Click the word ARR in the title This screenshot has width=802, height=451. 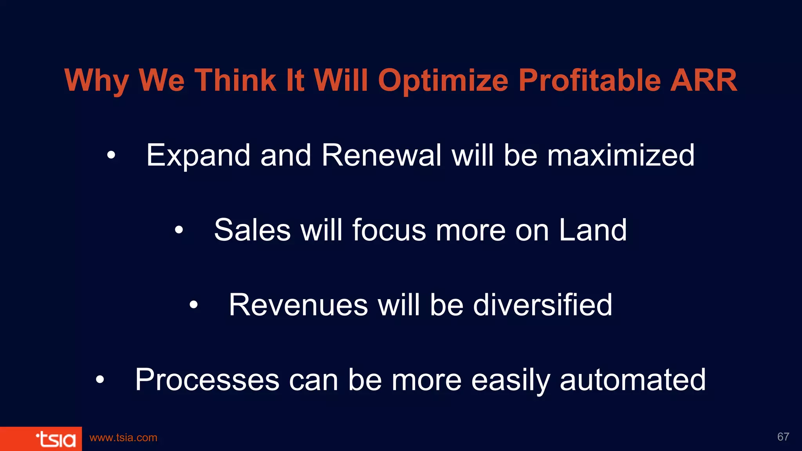[x=704, y=80]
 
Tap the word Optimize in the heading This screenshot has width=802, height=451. [x=443, y=81]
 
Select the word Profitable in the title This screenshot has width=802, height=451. [x=590, y=80]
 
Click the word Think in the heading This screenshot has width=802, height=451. [x=235, y=80]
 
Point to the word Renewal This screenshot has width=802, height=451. [x=381, y=155]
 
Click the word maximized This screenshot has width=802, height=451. [x=621, y=155]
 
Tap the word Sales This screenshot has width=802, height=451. [x=252, y=230]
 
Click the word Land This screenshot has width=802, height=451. [x=592, y=230]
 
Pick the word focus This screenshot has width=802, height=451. [x=389, y=230]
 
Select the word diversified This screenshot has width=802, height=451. [x=542, y=305]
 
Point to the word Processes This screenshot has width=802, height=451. [x=207, y=380]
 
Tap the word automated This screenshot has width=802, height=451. [x=632, y=380]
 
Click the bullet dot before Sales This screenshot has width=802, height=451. [x=179, y=231]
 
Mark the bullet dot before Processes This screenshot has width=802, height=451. [x=100, y=380]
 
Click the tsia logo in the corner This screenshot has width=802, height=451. [x=55, y=439]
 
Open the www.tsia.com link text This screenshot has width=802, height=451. [x=123, y=438]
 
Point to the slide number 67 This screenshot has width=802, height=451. [x=783, y=437]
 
